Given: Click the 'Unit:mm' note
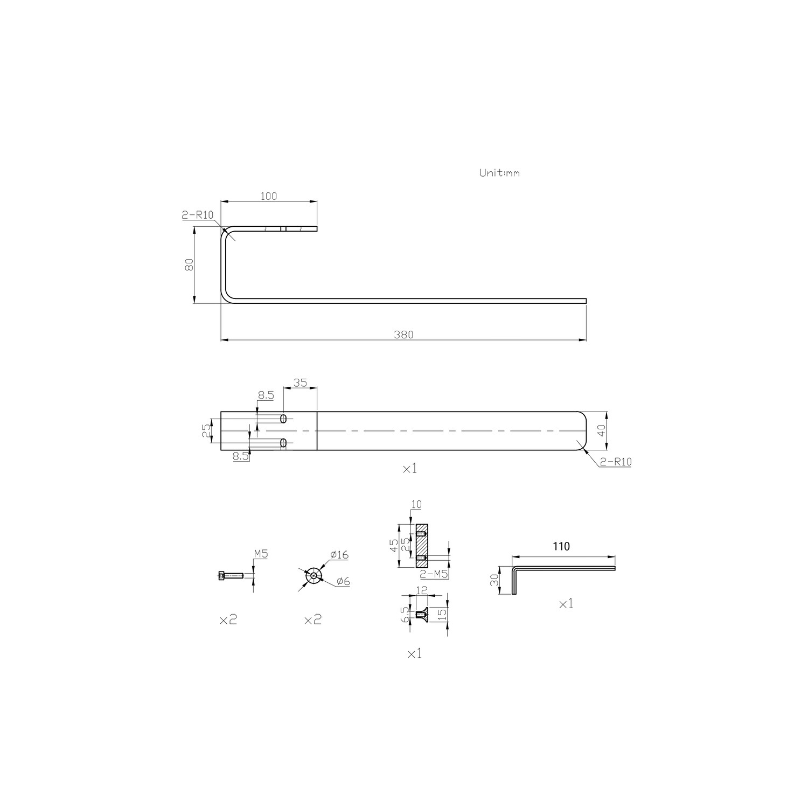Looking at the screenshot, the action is point(499,173).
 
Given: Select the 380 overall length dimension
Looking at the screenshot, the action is point(403,335).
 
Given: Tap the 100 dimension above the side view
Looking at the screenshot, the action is point(268,196).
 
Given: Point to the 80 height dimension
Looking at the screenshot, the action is point(189,265).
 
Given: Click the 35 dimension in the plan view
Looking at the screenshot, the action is point(299,383).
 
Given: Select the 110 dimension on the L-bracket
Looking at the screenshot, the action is point(561,546).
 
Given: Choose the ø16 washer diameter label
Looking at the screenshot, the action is point(339,555).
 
